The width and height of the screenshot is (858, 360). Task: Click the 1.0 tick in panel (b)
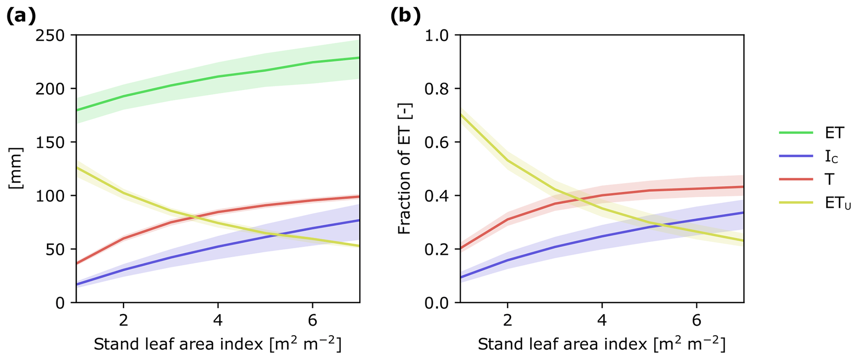pyautogui.click(x=437, y=36)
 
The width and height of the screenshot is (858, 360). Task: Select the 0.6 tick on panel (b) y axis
pyautogui.click(x=437, y=142)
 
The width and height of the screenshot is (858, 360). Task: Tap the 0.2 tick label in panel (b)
pyautogui.click(x=437, y=250)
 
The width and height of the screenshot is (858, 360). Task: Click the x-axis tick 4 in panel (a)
pyautogui.click(x=218, y=320)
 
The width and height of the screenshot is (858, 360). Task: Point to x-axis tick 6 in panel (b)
pyautogui.click(x=697, y=320)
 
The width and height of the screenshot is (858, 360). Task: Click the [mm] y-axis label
pyautogui.click(x=16, y=168)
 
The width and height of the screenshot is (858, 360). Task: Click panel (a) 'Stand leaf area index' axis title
pyautogui.click(x=218, y=345)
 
